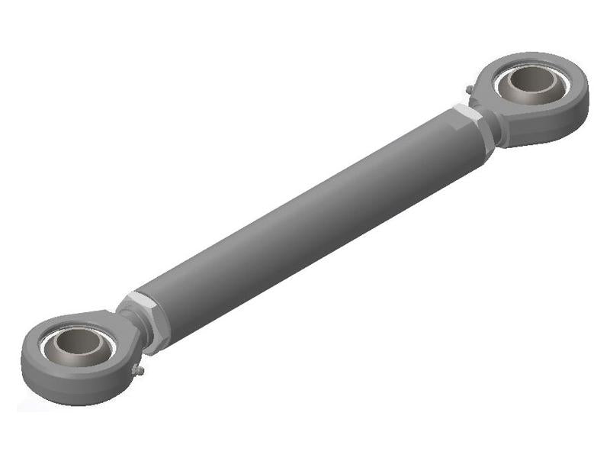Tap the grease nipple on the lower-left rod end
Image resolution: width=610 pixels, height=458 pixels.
click(x=138, y=371)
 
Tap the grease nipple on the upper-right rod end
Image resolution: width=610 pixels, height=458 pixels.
click(x=469, y=90)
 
